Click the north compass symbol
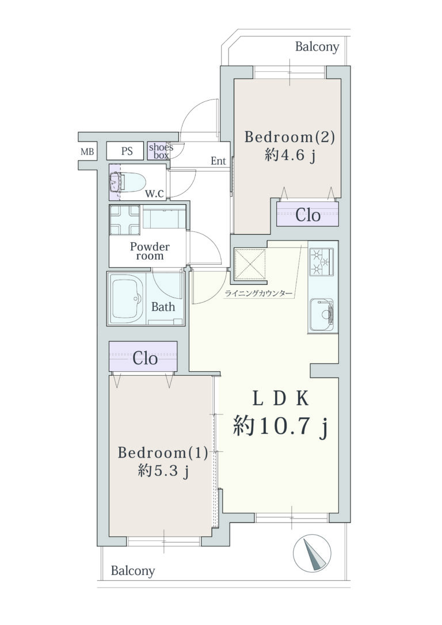(x=312, y=553)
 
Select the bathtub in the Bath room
(x=128, y=299)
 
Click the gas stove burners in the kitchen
(x=321, y=262)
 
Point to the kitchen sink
(x=321, y=314)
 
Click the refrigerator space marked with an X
(x=250, y=264)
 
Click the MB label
(x=87, y=152)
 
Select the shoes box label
(x=161, y=151)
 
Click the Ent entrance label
(x=218, y=161)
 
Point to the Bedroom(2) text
(x=289, y=137)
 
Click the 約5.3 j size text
(x=163, y=471)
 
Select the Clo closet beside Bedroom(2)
(x=308, y=215)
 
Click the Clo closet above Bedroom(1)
(x=143, y=358)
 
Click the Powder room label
(x=150, y=251)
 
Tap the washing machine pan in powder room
(x=125, y=220)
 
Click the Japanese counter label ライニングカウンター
(x=258, y=294)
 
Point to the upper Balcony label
(x=317, y=47)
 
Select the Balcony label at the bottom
(x=133, y=571)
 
